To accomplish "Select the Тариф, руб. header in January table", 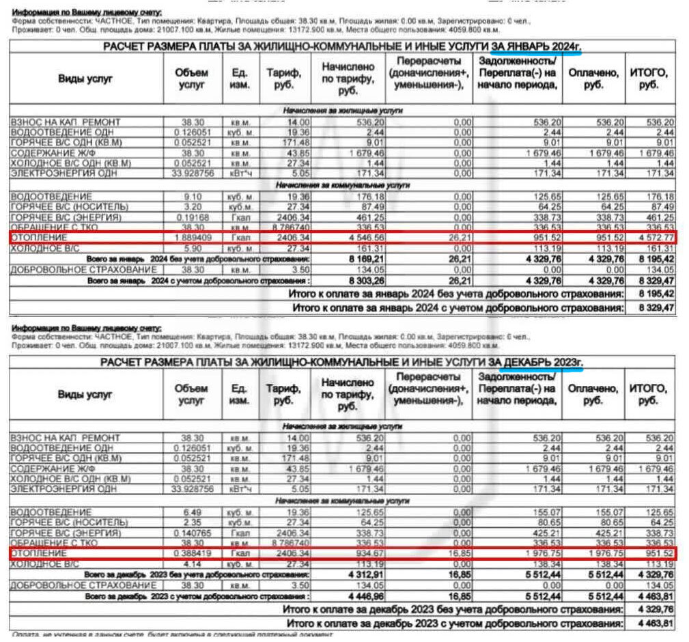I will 281,78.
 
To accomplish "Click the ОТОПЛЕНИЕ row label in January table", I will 40,238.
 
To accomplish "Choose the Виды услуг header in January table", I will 85,78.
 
